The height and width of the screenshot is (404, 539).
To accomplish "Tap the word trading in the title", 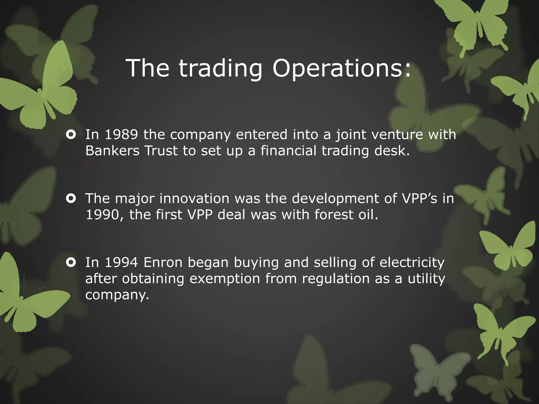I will click(221, 68).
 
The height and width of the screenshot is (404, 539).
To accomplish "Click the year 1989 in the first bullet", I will click(121, 134).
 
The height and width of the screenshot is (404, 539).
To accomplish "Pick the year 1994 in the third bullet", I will click(121, 262).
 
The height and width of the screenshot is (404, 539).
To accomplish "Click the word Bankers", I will click(112, 151).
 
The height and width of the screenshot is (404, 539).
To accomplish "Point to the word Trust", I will click(161, 151).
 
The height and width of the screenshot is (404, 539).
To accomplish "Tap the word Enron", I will click(163, 262).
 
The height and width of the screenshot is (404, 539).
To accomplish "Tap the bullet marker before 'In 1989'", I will click(71, 135).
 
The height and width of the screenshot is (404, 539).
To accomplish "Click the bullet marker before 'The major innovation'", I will click(71, 199).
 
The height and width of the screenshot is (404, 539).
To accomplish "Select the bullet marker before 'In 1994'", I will click(71, 262).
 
